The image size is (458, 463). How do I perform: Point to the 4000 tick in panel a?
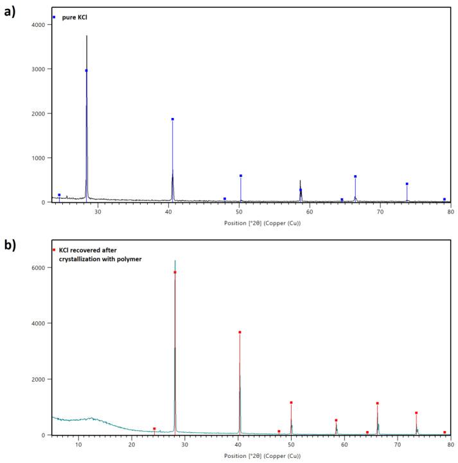click(37, 24)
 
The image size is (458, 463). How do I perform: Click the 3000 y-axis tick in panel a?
click(37, 69)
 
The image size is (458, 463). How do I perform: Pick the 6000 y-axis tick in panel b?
click(37, 267)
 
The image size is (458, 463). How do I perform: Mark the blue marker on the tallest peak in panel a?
click(86, 71)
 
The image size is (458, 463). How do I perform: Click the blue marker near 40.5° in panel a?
click(172, 119)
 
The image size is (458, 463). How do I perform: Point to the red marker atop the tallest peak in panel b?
click(175, 272)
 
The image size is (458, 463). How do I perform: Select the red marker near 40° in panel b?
click(240, 332)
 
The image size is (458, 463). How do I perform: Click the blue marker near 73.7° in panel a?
click(407, 184)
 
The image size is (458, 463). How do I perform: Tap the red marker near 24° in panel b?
click(154, 428)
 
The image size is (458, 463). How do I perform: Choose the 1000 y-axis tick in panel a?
click(37, 158)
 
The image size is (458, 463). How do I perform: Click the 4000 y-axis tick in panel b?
click(37, 323)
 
